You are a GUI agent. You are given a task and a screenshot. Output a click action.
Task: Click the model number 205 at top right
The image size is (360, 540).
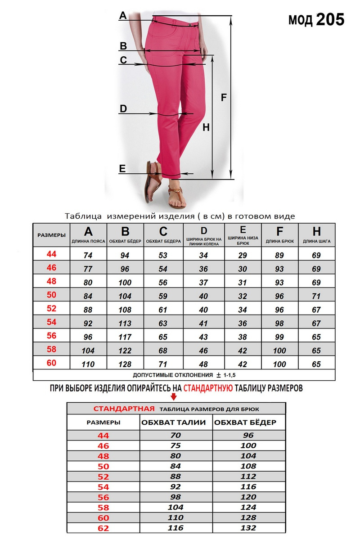point(330,19)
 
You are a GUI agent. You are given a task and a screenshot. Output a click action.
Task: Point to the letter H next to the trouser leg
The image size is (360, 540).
point(206,127)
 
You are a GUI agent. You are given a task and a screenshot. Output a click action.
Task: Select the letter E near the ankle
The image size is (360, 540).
point(122,168)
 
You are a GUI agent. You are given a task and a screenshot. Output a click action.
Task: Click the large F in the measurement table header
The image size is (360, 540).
point(279,232)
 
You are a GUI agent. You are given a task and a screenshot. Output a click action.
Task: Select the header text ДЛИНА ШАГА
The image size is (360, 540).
point(317,242)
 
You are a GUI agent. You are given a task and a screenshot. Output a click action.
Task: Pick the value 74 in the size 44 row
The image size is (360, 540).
point(88,255)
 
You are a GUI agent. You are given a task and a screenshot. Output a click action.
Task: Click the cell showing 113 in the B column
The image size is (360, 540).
point(125,323)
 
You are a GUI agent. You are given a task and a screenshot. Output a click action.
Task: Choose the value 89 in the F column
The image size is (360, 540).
point(279,255)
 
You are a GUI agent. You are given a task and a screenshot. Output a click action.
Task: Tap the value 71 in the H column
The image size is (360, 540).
point(316,296)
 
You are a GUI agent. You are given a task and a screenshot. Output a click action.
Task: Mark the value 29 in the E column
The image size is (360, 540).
point(243,255)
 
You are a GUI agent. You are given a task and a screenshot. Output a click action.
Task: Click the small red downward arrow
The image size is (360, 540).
point(174,396)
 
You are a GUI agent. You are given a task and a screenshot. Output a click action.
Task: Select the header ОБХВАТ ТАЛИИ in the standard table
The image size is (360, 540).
point(174,423)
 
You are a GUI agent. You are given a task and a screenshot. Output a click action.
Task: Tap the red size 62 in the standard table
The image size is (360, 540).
point(103,527)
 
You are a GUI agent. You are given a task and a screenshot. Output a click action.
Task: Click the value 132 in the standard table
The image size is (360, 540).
point(248,527)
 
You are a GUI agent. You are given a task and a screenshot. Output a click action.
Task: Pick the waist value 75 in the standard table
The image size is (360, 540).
point(175,445)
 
